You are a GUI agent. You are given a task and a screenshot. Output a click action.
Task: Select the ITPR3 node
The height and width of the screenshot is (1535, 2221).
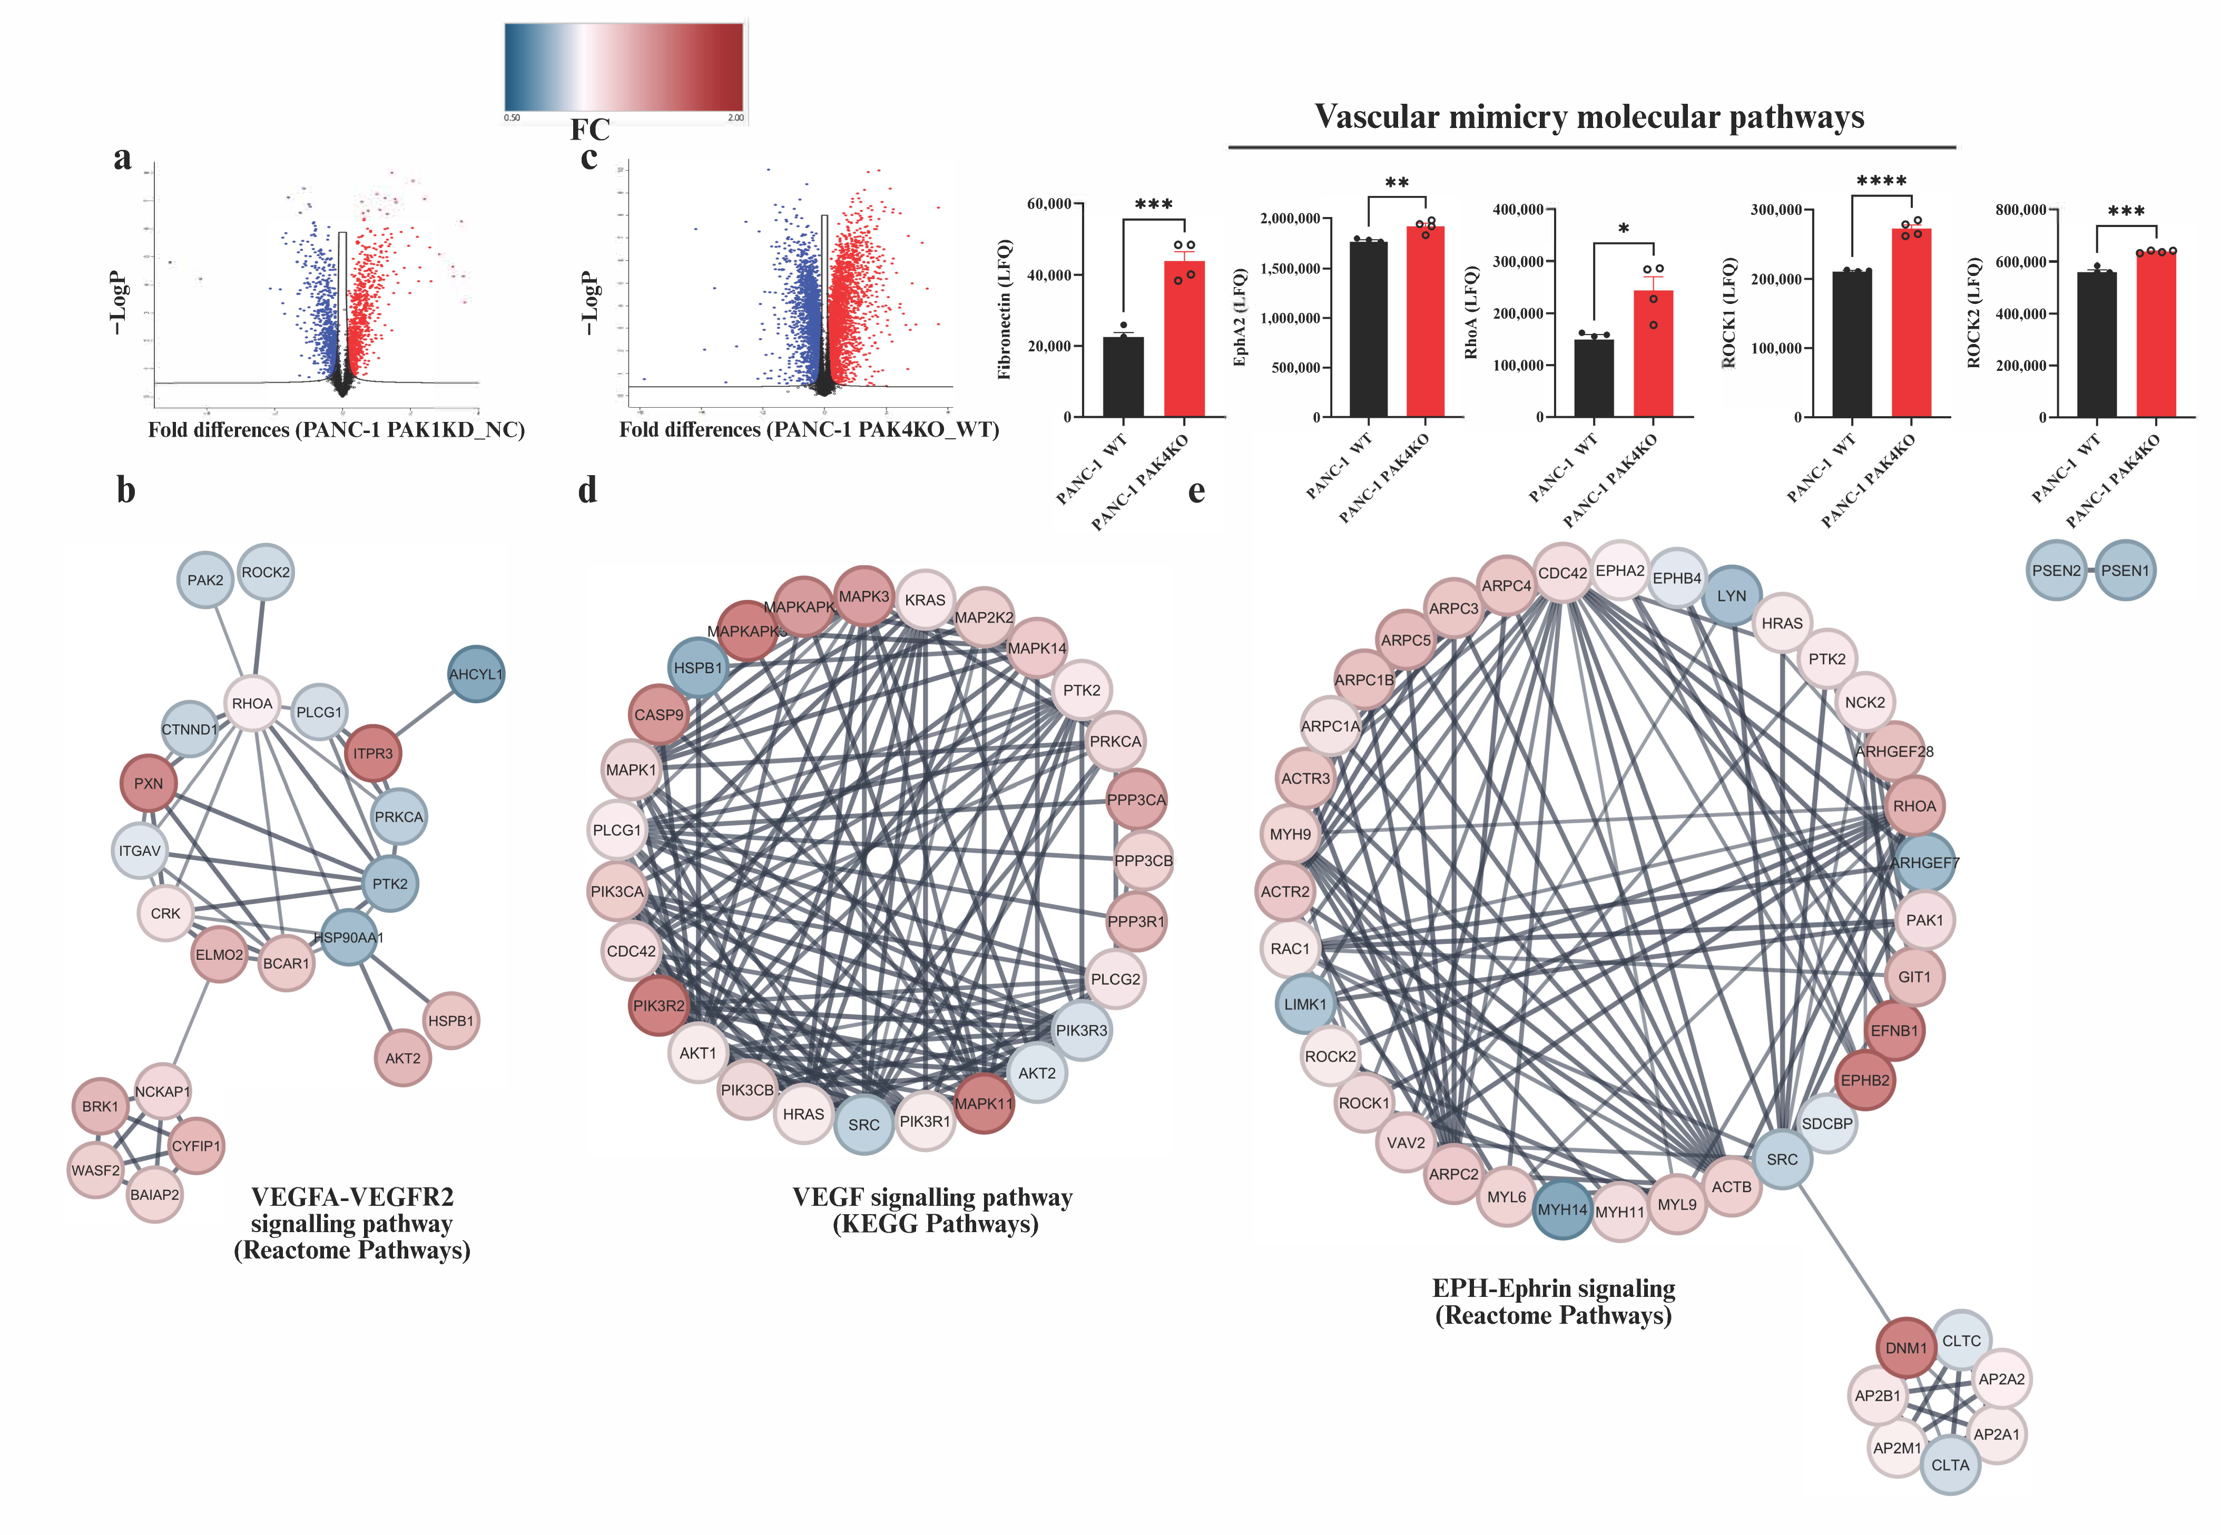[372, 753]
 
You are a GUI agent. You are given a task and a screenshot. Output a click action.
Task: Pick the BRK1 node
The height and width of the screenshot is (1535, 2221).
[100, 1106]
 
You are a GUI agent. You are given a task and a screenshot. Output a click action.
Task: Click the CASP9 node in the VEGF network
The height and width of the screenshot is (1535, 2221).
[659, 715]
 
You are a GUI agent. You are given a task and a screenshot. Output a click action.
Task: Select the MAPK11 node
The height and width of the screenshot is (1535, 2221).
[983, 1103]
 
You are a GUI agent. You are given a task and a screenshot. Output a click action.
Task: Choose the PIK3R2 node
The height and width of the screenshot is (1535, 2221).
[659, 1005]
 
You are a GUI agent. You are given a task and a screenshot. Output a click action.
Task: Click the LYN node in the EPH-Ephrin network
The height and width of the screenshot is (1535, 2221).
[1732, 595]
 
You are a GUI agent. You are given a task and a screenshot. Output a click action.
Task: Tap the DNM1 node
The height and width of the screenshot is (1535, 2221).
[1905, 1347]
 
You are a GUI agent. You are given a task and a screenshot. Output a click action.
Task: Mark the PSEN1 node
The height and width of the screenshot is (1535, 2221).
[2125, 570]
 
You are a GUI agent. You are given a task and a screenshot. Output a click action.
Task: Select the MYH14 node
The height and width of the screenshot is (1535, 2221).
[1562, 1209]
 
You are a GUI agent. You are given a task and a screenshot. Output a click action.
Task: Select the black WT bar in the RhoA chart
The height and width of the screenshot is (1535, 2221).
[1594, 378]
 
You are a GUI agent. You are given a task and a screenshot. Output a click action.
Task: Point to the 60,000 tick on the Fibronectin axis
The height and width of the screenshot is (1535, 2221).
[1048, 204]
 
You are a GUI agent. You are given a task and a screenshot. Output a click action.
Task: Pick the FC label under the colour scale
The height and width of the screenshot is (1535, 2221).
[589, 130]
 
